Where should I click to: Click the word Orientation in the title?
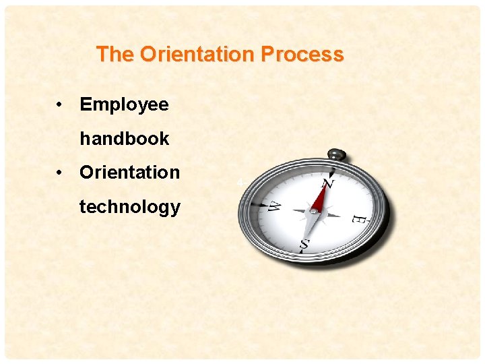click(201, 54)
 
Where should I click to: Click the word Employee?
click(124, 104)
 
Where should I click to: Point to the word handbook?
click(125, 139)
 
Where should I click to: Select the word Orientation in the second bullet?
click(130, 173)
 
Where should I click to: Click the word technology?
click(130, 207)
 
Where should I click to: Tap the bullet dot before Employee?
click(60, 105)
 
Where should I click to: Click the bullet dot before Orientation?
click(60, 173)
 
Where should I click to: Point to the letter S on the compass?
click(304, 247)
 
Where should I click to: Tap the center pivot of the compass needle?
click(313, 211)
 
